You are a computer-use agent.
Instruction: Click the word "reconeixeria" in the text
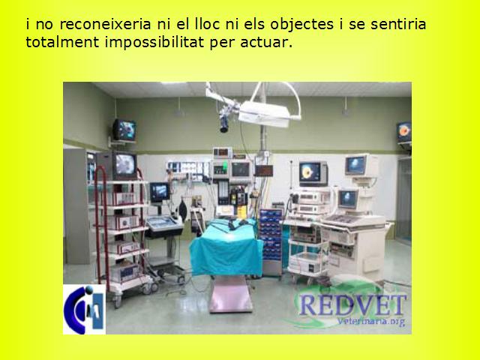coord(105,24)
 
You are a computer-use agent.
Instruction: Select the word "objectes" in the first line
coord(301,24)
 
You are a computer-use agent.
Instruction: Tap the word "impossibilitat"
coord(154,42)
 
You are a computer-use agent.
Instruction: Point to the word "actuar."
coord(266,43)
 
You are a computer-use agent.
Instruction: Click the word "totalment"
coord(62,42)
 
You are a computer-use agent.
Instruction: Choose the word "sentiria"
coord(398,24)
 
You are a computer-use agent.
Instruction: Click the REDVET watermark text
coord(352,305)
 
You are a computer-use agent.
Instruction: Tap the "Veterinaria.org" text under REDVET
coord(370,322)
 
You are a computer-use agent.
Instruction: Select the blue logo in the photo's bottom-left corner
coord(84,309)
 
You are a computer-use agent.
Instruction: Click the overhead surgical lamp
coord(264,114)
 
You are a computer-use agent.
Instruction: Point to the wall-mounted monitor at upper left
coord(124,130)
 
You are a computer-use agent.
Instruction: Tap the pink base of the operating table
coord(230,295)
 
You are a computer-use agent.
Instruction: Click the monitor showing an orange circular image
coord(313,173)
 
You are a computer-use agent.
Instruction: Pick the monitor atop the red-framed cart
coord(125,165)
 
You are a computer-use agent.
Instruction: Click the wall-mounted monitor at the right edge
coord(404,133)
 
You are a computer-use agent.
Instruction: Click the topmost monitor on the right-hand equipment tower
coord(361,165)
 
